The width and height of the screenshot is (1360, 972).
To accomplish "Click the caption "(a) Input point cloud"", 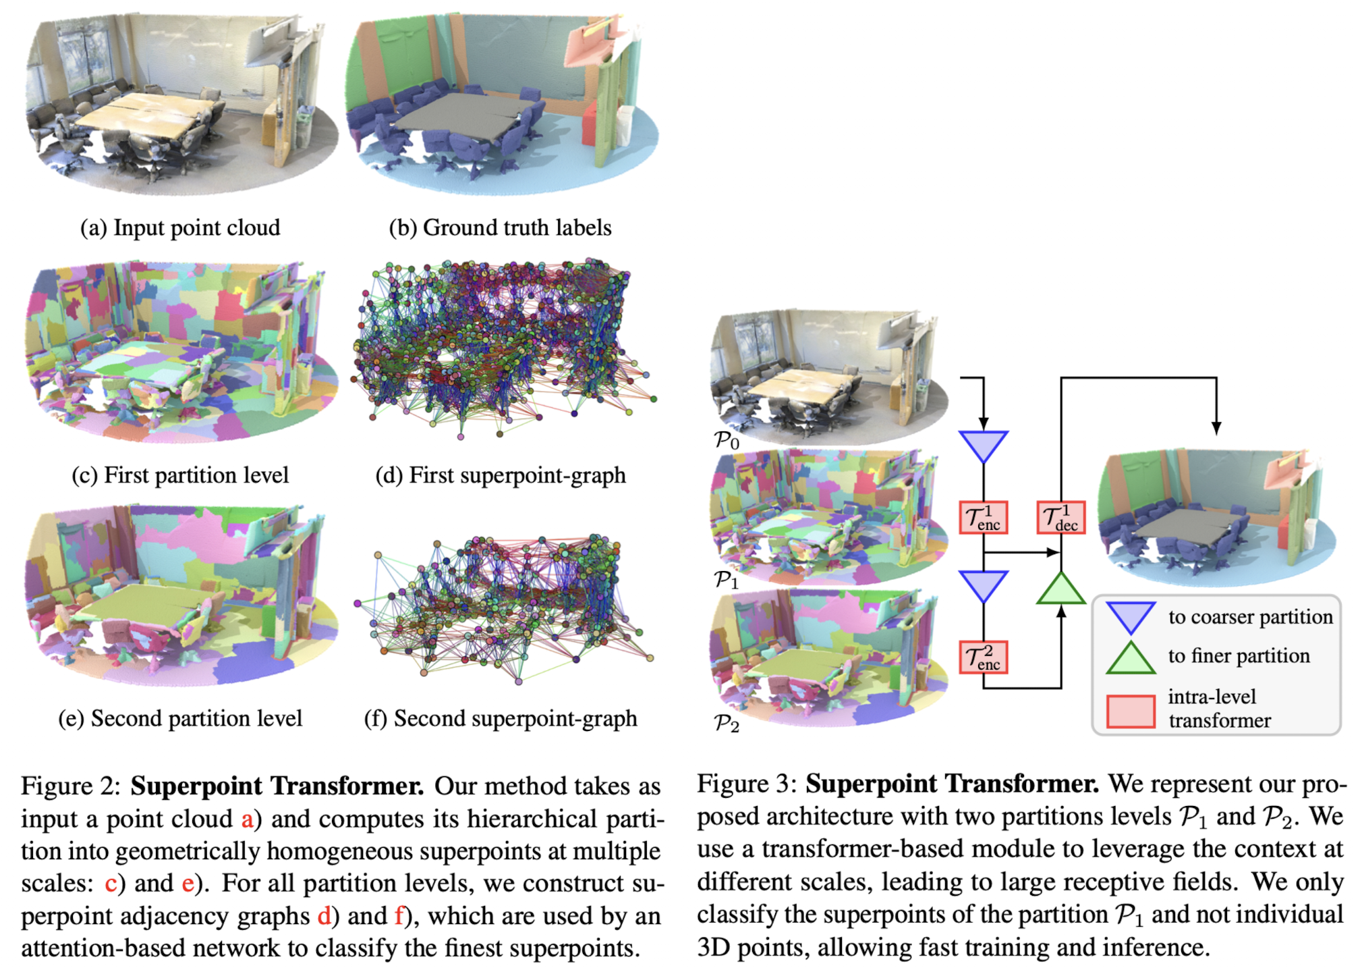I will [x=180, y=228].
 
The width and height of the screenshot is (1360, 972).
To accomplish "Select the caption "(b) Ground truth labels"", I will [x=500, y=228].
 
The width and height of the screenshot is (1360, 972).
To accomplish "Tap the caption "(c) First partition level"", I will [x=180, y=475].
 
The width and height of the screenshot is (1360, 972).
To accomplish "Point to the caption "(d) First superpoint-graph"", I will [x=500, y=475].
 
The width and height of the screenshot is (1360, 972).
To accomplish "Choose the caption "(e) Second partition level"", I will [x=180, y=718].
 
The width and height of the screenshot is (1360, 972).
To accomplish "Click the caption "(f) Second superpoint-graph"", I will [x=500, y=718].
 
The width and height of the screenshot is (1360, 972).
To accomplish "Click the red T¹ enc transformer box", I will [x=983, y=518].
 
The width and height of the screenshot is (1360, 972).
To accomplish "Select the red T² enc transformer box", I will [x=983, y=657].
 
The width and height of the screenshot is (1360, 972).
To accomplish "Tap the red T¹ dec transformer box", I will [x=1060, y=518].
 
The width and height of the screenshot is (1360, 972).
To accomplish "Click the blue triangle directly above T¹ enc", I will [x=983, y=446].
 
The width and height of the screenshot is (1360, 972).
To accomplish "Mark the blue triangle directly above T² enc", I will [x=983, y=585].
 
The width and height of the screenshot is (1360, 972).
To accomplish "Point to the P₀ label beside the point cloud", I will [x=727, y=440].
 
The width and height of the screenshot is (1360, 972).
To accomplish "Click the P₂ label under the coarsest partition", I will [x=727, y=724].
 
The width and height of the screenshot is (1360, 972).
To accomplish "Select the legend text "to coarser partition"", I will [x=1250, y=617].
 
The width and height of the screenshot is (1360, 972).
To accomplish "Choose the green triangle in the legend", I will [x=1131, y=659].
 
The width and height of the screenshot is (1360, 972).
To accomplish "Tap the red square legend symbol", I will [x=1131, y=711].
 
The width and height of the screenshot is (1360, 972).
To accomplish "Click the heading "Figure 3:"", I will [x=746, y=784].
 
